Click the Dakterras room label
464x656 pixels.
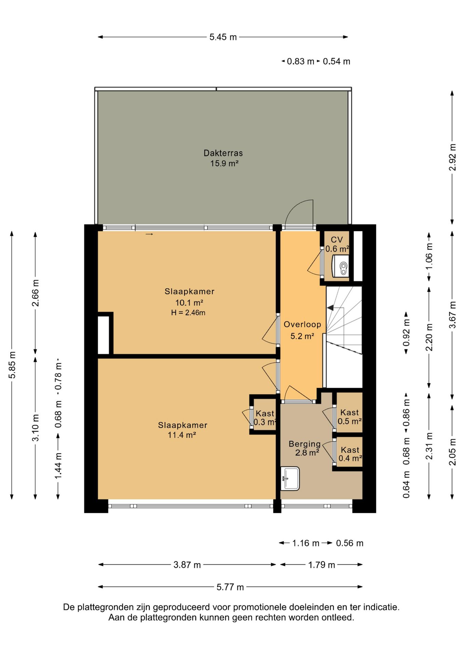coord(223,158)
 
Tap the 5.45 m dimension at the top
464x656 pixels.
coord(223,37)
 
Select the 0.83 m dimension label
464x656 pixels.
coord(300,61)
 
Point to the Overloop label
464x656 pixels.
coord(302,325)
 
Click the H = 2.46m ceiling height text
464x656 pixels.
coord(188,313)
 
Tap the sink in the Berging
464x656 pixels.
coord(290,479)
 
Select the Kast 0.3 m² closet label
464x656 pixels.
coord(265,418)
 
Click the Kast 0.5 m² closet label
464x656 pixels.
coord(350,417)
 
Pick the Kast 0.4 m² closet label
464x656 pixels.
coord(350,454)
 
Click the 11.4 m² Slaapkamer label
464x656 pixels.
coord(182,430)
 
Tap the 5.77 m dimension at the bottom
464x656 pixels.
coord(230,587)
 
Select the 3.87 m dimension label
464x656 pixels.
coord(187,565)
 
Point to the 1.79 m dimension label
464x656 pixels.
coord(322,565)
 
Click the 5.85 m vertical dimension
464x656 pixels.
coord(12,365)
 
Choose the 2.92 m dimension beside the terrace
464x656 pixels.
coord(452,157)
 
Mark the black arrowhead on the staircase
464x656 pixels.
coord(330,308)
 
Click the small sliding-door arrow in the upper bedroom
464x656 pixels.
coord(149,234)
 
